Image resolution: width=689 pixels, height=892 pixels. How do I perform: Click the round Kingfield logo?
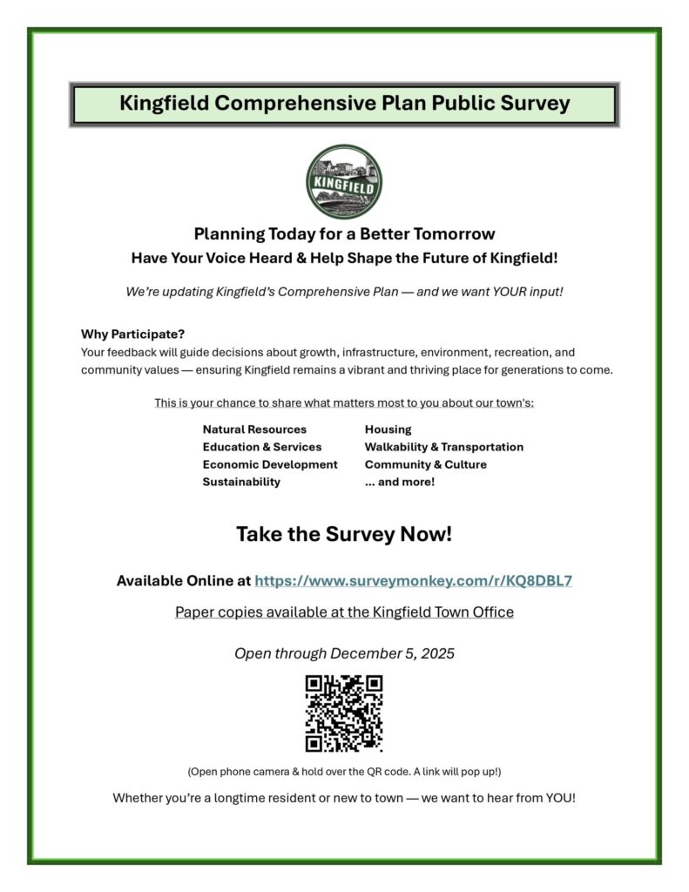344,181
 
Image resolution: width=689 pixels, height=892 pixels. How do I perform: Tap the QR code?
344,713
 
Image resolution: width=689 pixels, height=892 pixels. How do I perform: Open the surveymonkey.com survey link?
413,581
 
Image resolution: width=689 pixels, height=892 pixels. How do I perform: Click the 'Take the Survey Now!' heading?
344,534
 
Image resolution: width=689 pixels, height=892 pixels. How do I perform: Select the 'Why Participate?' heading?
132,334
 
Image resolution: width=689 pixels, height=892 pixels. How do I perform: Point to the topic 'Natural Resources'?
254,429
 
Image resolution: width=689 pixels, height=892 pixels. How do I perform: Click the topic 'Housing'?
388,429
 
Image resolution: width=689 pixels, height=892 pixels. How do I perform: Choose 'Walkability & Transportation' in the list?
443,447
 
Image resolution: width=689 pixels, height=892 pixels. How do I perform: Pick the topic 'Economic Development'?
270,464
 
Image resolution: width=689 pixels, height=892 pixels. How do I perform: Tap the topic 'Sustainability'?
241,482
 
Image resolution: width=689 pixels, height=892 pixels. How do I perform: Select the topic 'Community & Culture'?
425,464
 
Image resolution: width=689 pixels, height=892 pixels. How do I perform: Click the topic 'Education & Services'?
262,447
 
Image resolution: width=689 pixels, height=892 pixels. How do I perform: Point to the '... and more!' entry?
399,482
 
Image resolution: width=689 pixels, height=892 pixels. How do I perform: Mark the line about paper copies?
344,612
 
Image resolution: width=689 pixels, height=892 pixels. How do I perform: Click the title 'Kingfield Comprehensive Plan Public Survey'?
344,105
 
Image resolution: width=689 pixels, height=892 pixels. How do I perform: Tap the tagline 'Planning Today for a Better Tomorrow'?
344,234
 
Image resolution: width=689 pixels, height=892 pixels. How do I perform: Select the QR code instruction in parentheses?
344,772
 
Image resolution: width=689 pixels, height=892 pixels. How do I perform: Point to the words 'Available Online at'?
183,581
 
